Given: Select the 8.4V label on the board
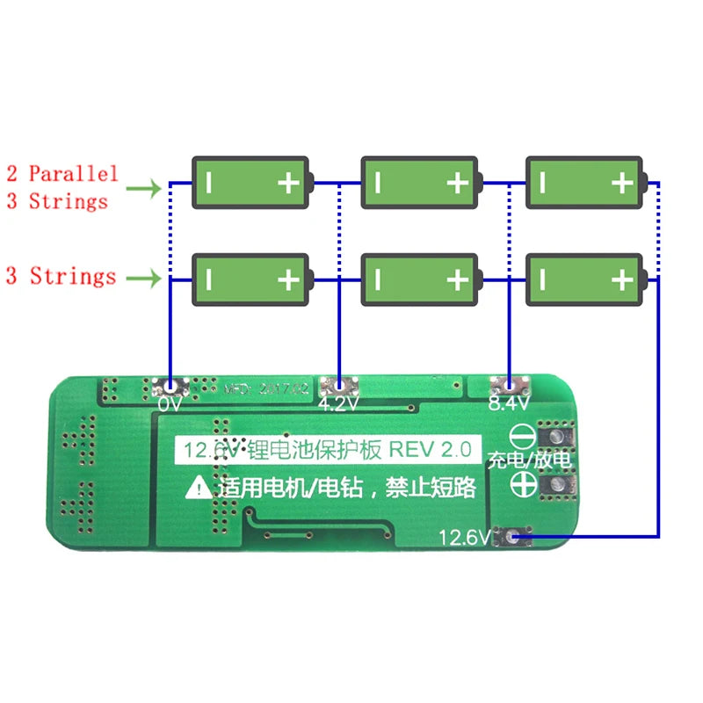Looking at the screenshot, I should point(509,404).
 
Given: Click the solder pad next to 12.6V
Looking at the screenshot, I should point(511,535).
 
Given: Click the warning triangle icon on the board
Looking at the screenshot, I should point(199,486).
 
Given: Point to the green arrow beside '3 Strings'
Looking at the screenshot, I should point(143,279).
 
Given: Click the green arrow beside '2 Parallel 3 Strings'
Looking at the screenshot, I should point(143,187).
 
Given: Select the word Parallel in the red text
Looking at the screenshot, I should point(73,173).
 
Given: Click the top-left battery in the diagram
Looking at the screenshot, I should point(251,183).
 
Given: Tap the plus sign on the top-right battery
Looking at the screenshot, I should point(622,183).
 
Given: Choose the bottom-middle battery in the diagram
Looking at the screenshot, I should point(420,279).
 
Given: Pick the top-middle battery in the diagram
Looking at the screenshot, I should point(420,183).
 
